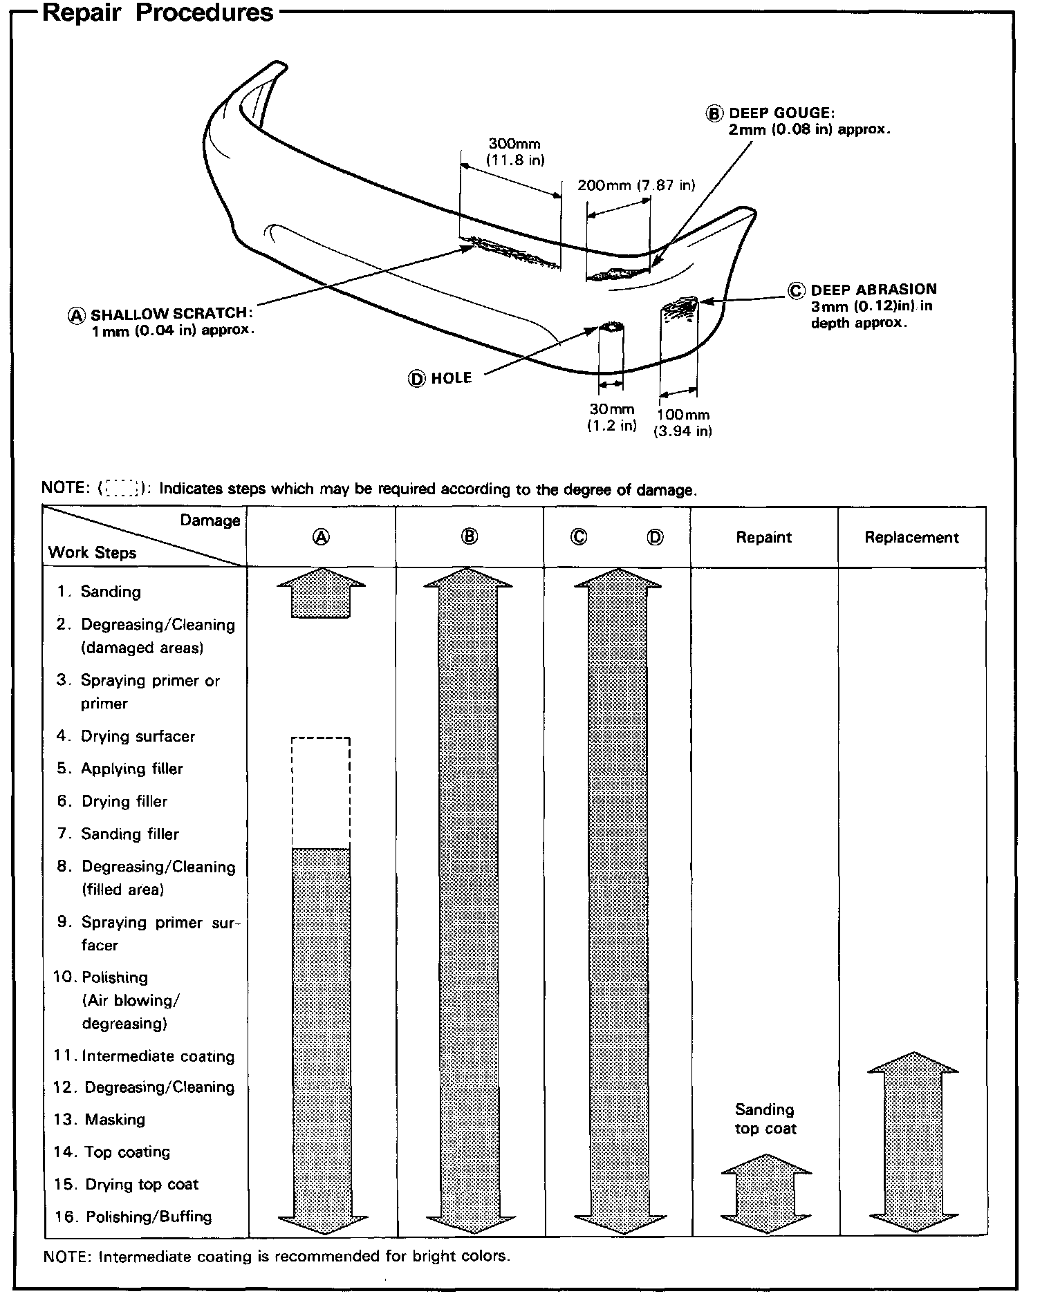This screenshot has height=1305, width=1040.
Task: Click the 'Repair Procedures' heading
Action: point(158,14)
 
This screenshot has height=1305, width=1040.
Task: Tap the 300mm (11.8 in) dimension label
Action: point(515,152)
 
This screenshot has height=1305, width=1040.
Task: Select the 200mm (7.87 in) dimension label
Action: point(635,185)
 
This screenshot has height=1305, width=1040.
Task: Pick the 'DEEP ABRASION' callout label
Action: point(873,290)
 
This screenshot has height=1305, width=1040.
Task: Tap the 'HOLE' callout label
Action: point(451,378)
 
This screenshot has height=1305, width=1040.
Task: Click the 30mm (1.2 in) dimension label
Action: point(611,417)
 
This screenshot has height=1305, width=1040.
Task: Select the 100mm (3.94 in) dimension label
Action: point(683,423)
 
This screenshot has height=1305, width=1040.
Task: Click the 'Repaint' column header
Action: point(763,537)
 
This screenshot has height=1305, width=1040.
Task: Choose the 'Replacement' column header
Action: point(911,537)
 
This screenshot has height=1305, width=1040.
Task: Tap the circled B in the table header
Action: point(470,536)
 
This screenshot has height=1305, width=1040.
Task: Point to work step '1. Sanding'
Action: point(100,592)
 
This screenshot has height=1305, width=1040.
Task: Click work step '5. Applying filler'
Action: point(120,769)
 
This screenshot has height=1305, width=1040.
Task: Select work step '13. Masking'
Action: point(100,1119)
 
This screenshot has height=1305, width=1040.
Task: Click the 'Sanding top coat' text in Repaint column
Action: point(765,1119)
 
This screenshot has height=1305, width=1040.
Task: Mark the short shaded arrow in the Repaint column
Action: point(765,1194)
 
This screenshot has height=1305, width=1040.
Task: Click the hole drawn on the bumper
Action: point(611,326)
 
